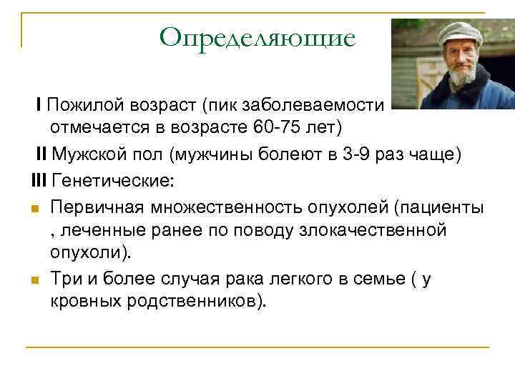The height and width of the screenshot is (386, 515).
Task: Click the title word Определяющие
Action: tap(257, 37)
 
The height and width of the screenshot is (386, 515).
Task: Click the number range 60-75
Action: tap(273, 128)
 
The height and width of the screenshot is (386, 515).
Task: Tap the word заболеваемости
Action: tap(315, 105)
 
